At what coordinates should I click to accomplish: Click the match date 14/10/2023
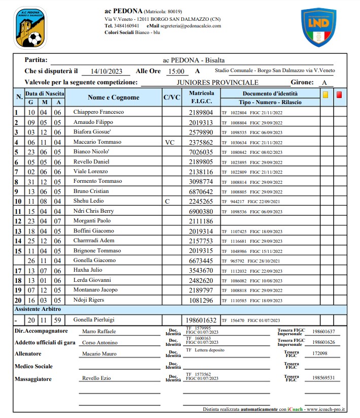coord(106,72)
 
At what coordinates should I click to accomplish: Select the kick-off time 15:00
coord(176,72)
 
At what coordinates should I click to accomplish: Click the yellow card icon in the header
coord(325,94)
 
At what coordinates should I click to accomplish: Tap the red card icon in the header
coord(339,94)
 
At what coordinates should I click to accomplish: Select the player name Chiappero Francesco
coord(99,112)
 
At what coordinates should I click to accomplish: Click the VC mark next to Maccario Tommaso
coord(170,142)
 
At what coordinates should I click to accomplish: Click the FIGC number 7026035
coord(201,152)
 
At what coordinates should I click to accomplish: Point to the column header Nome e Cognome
coord(113,98)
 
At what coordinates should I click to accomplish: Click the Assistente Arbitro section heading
coord(38,309)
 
